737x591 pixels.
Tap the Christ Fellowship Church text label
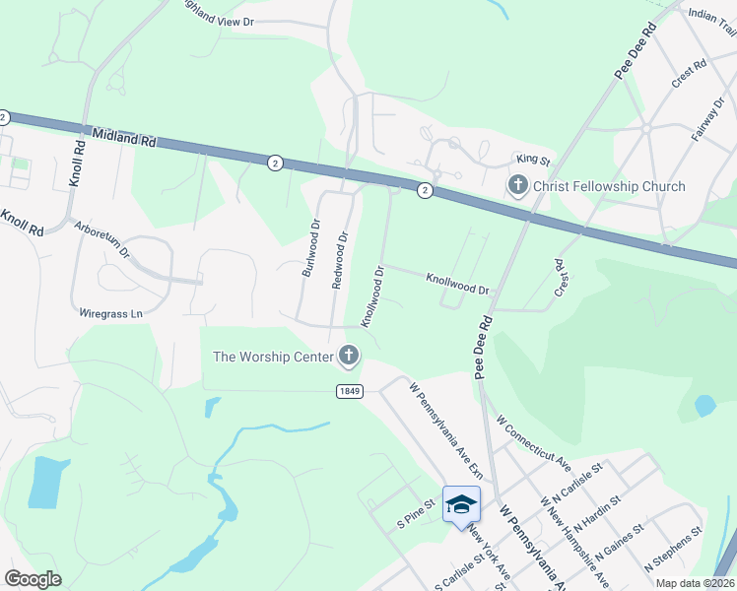coord(609,186)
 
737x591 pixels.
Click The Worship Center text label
coord(272,357)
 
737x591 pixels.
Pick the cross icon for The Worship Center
coord(348,355)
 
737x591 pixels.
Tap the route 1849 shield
coord(350,391)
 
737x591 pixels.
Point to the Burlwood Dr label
coord(310,248)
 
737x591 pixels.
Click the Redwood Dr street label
coord(341,260)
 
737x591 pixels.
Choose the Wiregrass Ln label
coord(111,314)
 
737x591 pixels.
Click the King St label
coord(533,159)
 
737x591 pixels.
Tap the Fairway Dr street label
coord(706,119)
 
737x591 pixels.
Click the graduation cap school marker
coord(461,505)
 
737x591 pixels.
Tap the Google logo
coord(33,578)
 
